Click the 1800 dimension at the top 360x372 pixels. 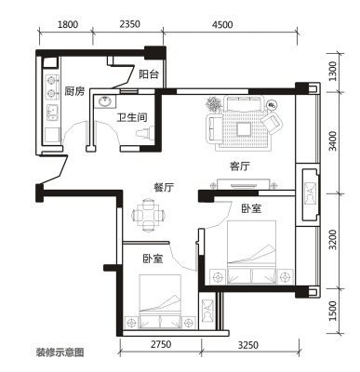pos(68,24)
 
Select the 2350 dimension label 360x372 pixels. pos(130,24)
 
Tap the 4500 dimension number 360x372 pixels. pos(222,24)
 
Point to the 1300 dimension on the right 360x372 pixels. pos(332,71)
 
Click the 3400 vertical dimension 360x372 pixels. pos(332,140)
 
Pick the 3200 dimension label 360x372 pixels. pos(333,240)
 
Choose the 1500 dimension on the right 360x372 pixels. pos(333,311)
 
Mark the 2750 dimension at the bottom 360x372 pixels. pos(161,344)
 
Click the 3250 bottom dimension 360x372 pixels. pos(247,345)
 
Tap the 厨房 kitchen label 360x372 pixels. pos(74,91)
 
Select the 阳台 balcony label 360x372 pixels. pos(149,74)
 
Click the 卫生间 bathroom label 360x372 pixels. pos(132,117)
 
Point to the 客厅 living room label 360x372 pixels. pos(240,166)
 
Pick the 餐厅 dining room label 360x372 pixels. pos(164,187)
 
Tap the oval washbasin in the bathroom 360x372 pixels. pos(105,101)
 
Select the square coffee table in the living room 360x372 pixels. pos(244,129)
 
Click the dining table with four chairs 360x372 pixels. pos(148,215)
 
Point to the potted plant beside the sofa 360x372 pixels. pos(214,104)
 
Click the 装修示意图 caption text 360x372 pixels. pos(60,352)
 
